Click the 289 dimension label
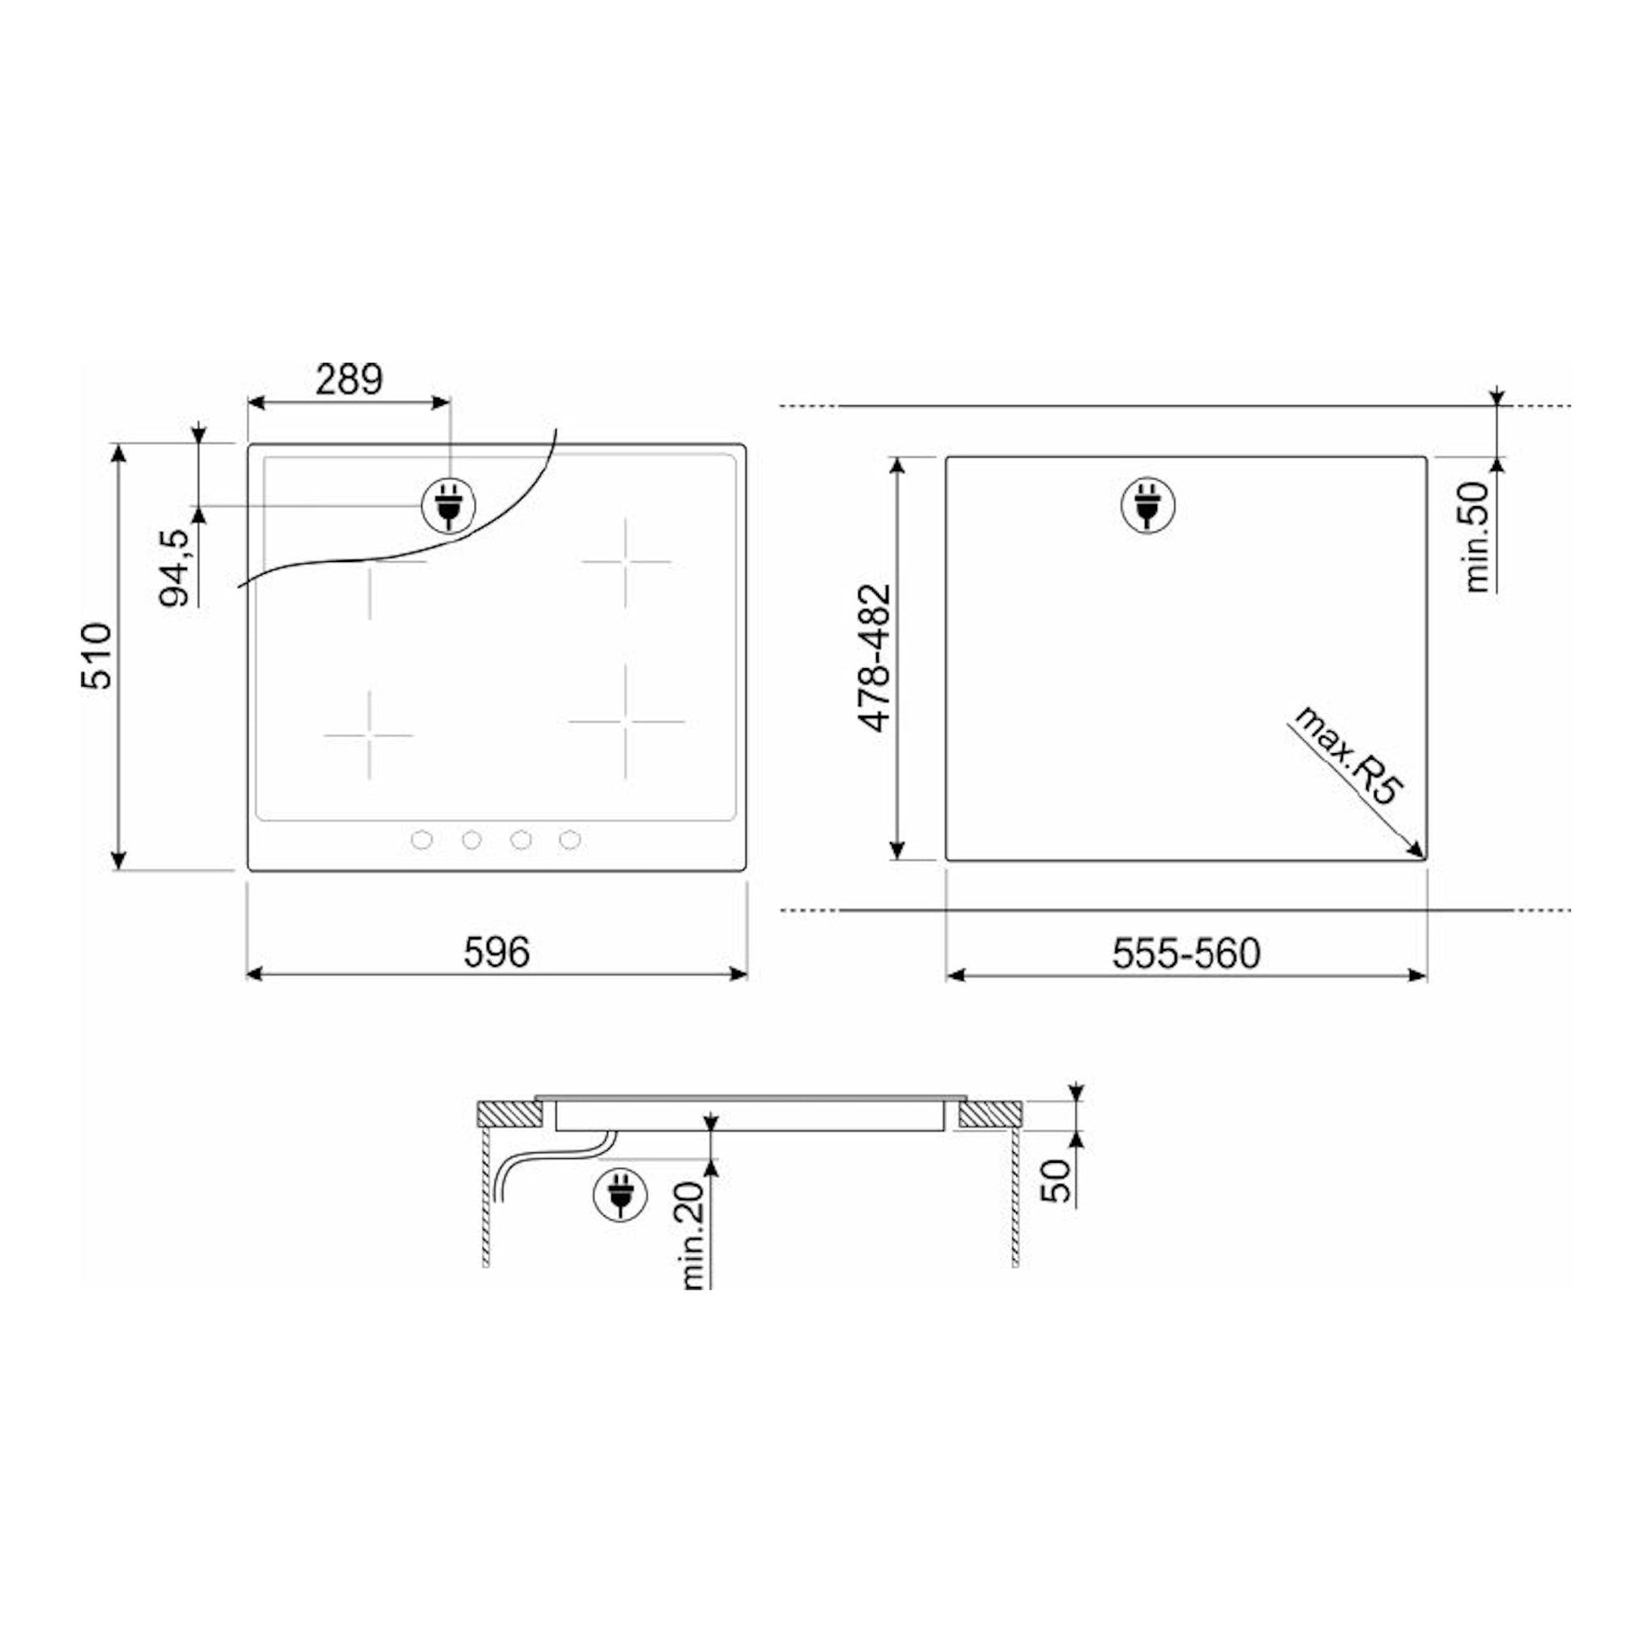coord(349,379)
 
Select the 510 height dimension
coord(97,656)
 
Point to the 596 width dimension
coord(497,952)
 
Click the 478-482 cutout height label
coord(874,658)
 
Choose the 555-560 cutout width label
coord(1186,953)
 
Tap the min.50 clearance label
coord(1478,537)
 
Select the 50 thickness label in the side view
coord(1057,1181)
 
